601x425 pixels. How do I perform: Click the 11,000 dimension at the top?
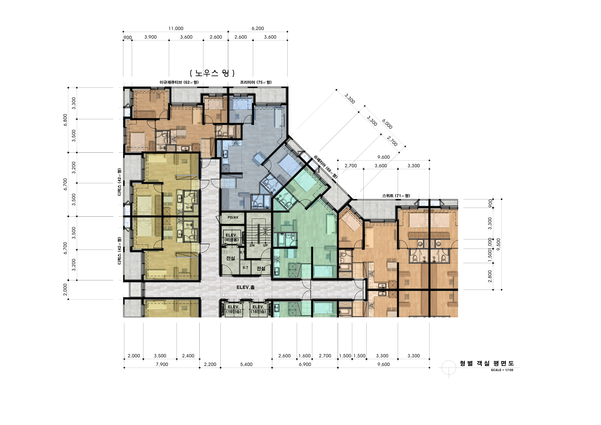(x=176, y=29)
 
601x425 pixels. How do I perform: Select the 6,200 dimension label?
(x=258, y=29)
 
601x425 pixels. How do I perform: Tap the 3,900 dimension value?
(x=150, y=37)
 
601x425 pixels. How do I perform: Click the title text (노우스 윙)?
(x=212, y=73)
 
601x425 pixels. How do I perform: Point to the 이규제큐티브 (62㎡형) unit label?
(x=179, y=82)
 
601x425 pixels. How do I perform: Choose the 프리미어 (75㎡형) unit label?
(x=256, y=82)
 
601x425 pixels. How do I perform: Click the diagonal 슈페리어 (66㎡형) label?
(x=325, y=167)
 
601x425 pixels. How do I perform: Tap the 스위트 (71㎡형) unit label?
(x=396, y=196)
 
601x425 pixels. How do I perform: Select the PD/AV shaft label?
(x=233, y=217)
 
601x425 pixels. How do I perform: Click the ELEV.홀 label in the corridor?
(x=246, y=287)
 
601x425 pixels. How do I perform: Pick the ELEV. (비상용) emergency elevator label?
(x=232, y=237)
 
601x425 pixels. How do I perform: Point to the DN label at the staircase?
(x=252, y=245)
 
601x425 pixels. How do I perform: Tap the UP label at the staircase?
(x=265, y=245)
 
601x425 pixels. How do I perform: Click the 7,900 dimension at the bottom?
(x=162, y=364)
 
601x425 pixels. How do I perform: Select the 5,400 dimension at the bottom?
(x=246, y=364)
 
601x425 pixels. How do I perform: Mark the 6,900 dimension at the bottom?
(x=305, y=364)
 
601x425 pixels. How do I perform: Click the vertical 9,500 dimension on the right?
(x=498, y=244)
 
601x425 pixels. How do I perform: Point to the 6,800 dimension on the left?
(x=65, y=120)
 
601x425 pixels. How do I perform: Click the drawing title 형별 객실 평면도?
(x=487, y=363)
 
